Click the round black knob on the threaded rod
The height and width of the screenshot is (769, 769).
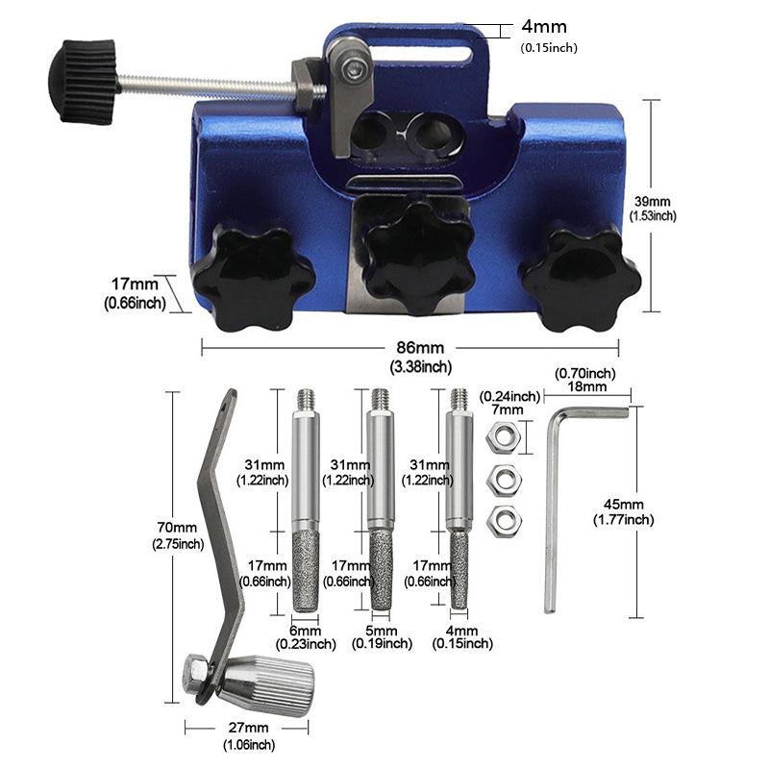point(83,82)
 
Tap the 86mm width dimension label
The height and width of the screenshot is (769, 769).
point(420,348)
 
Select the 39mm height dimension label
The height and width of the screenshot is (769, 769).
point(653,201)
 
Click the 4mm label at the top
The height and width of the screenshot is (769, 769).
point(544,27)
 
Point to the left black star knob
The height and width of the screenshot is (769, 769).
point(253,277)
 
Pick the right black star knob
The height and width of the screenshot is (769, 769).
point(580,277)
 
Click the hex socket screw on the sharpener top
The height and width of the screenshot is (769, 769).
point(352,69)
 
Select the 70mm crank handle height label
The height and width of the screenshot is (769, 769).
point(177,528)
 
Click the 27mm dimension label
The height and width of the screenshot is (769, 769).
point(248,728)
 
